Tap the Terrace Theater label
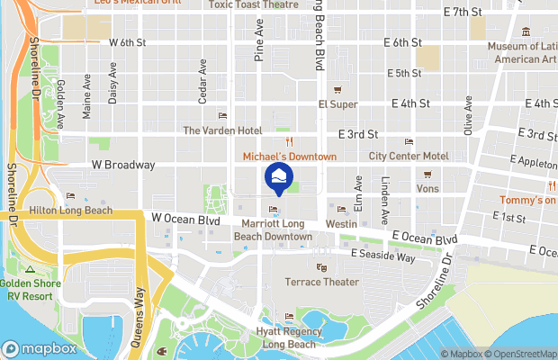[x=322, y=282]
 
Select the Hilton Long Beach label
[x=76, y=211]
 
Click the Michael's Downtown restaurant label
[x=290, y=157]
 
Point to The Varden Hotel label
[x=222, y=130]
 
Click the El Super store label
[x=337, y=104]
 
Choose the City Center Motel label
[x=409, y=156]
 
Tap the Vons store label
[x=427, y=188]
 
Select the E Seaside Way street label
[x=382, y=257]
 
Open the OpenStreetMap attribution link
[x=521, y=354]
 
